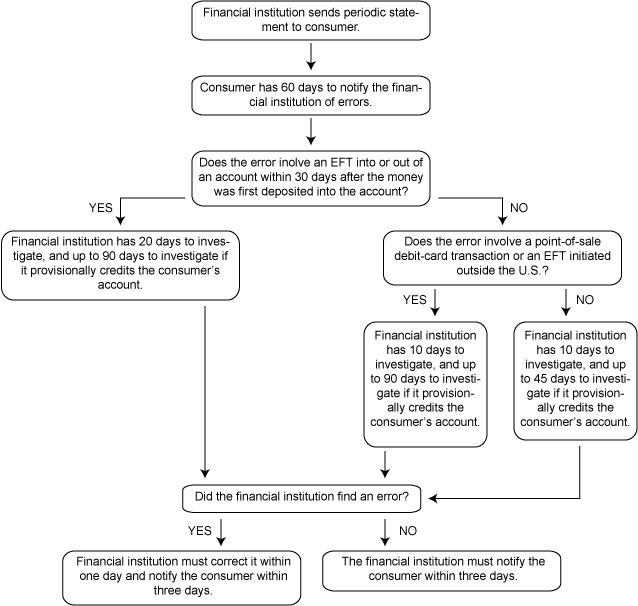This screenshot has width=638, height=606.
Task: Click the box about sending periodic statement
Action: coord(311,20)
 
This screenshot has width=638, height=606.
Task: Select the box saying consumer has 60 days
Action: coord(311,95)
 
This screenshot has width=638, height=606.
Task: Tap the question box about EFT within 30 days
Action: coord(311,178)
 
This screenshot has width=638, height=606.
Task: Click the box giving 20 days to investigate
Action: coord(120,265)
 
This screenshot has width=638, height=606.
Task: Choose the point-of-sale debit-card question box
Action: coord(503,258)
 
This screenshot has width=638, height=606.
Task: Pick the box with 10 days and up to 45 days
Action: coord(575,381)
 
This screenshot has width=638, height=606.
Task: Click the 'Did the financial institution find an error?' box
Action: coord(302,498)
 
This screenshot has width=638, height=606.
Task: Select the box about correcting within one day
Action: coord(182,578)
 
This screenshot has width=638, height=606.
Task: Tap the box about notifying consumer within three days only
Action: coord(441,571)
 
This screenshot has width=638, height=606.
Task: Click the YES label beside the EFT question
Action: coord(101,208)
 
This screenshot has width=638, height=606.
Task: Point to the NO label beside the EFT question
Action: coord(519,208)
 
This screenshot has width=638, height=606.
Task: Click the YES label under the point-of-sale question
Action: coord(415,300)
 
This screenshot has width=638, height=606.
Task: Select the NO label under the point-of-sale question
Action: coord(585,300)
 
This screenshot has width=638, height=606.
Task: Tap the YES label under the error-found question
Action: coord(199,531)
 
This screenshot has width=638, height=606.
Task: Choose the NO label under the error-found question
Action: coord(408,531)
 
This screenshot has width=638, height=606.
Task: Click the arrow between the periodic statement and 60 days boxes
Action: coord(311,57)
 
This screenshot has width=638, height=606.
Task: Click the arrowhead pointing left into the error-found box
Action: coord(433,498)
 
